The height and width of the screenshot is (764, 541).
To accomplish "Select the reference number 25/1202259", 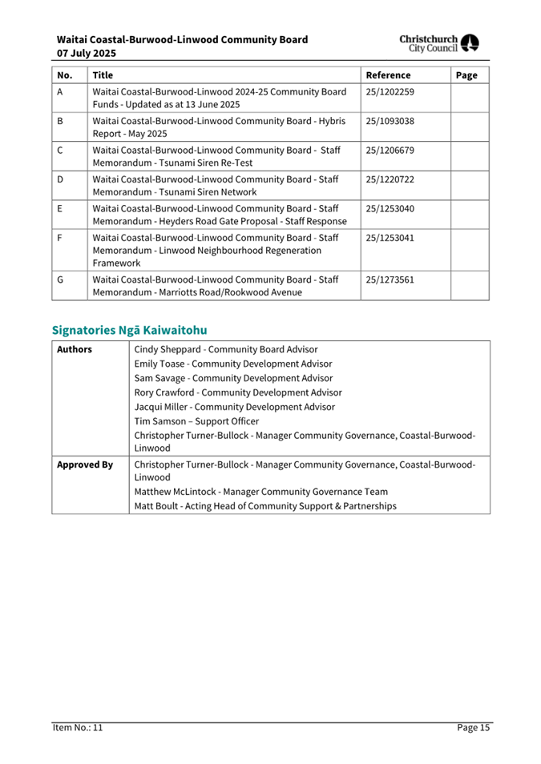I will tap(390, 93).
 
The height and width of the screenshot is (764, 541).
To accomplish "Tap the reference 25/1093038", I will tap(390, 122).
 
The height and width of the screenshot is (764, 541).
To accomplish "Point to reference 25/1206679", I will tap(390, 151).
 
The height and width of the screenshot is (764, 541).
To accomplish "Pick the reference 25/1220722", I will tap(390, 179).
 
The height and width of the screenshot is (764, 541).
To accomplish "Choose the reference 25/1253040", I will tap(390, 209).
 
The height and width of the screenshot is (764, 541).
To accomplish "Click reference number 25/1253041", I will tap(390, 238).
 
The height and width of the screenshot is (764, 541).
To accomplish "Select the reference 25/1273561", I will tap(390, 279).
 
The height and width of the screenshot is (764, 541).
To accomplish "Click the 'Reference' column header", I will tap(388, 75).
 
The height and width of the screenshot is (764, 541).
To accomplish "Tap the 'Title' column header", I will tap(103, 75).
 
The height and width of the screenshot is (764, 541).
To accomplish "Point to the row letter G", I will tap(61, 279).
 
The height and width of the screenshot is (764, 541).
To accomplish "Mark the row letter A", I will tap(61, 93).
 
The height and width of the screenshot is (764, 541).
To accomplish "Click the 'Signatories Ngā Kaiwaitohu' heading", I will tap(129, 330).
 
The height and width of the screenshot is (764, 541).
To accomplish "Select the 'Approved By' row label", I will tap(84, 464).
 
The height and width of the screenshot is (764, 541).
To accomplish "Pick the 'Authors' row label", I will tap(75, 350).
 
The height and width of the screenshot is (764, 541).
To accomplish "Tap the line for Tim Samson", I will tap(196, 421).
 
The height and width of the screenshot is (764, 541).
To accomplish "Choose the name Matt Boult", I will tap(157, 506).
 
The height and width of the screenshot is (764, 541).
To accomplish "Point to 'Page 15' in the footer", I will tap(473, 728).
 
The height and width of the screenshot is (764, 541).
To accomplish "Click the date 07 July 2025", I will tap(87, 53).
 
